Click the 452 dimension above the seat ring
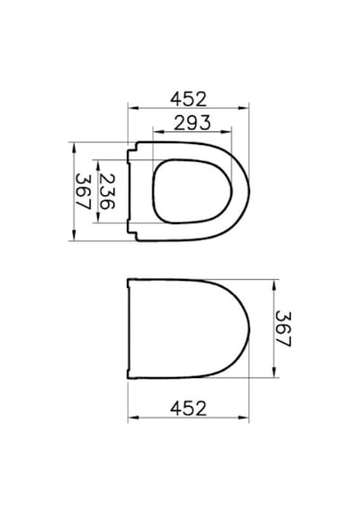[188, 99]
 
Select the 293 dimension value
[192, 123]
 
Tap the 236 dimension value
[107, 192]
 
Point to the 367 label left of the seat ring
[83, 192]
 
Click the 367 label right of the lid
[283, 328]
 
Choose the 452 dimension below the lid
[188, 409]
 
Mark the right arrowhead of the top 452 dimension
[244, 108]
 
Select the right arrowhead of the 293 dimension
[227, 131]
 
